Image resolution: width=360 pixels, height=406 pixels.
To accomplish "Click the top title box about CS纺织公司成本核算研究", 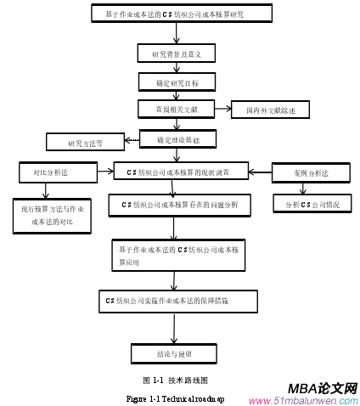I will [x=180, y=14].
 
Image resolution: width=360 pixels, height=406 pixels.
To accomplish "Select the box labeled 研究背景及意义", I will [x=177, y=54].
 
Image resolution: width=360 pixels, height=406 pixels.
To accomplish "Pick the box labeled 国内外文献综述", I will [x=270, y=110].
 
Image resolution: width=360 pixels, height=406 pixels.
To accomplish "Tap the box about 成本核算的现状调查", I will [x=181, y=172].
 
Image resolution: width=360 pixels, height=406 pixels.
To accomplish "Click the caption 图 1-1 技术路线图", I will [x=176, y=380].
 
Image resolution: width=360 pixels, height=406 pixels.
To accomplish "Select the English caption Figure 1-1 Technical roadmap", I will [x=175, y=398].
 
